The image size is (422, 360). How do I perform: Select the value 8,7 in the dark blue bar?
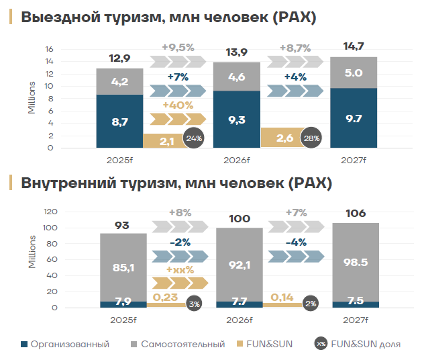[119, 122]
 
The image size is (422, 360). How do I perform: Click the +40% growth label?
[178, 105]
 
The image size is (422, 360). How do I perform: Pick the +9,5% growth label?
[178, 48]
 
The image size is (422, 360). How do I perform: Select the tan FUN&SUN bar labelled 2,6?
[284, 137]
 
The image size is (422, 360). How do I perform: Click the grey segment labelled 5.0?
[354, 73]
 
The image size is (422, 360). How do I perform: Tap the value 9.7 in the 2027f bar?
[354, 118]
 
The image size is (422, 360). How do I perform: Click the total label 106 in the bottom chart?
[355, 214]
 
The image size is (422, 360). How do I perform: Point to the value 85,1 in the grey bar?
[123, 268]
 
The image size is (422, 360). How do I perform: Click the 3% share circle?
[195, 303]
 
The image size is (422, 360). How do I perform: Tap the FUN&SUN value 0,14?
[282, 296]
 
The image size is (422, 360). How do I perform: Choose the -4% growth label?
[296, 242]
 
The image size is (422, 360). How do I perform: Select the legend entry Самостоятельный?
[178, 344]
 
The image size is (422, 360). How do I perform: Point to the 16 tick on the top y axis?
[49, 49]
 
